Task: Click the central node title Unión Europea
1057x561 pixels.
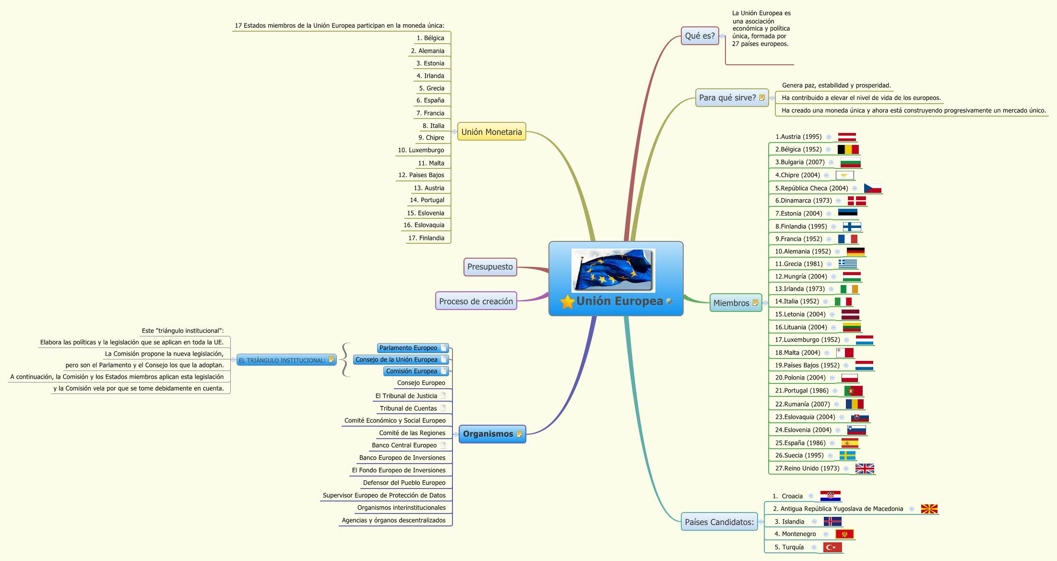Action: click(x=619, y=301)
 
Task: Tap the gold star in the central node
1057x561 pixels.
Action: click(x=567, y=302)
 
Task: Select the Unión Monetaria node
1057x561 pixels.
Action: click(x=491, y=132)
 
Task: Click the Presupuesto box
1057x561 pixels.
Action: click(x=490, y=267)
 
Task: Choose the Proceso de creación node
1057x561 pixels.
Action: click(x=476, y=301)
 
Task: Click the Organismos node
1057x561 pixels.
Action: click(x=488, y=434)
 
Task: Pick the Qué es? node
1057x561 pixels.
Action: click(x=700, y=36)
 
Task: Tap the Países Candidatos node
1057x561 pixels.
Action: click(x=719, y=522)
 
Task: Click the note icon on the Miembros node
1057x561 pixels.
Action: click(x=755, y=303)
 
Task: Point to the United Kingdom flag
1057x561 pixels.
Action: click(x=865, y=469)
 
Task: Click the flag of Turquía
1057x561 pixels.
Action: click(x=833, y=548)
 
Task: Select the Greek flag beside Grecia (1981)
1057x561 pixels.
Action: click(x=848, y=264)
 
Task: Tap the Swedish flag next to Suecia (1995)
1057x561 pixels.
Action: click(x=847, y=455)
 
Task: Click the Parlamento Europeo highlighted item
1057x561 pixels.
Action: click(x=408, y=348)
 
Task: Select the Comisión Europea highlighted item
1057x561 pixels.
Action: click(x=412, y=371)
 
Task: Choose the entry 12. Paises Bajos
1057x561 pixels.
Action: click(x=421, y=175)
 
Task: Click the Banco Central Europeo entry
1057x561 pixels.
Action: click(x=404, y=445)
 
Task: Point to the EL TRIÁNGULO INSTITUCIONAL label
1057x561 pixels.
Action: click(x=282, y=360)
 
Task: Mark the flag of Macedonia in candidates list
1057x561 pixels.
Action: click(x=929, y=509)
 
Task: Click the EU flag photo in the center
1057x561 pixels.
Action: click(x=613, y=270)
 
